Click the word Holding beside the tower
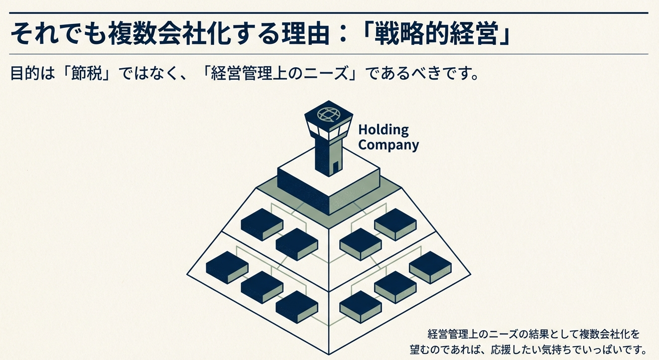pyautogui.click(x=383, y=130)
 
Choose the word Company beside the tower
pyautogui.click(x=389, y=145)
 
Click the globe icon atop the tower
pyautogui.click(x=327, y=115)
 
